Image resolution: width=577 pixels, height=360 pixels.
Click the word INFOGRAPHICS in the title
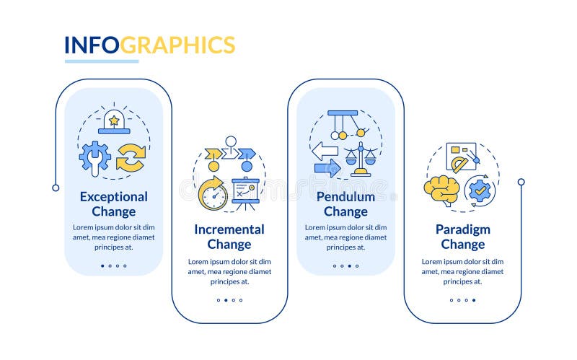click(149, 45)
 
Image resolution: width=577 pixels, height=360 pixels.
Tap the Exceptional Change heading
click(113, 203)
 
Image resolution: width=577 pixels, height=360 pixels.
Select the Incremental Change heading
click(229, 237)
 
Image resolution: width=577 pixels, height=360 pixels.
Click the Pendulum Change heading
click(345, 203)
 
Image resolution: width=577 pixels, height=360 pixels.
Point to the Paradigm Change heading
click(462, 237)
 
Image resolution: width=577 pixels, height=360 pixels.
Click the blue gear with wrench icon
click(94, 155)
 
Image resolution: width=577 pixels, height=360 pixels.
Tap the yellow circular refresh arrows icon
click(131, 157)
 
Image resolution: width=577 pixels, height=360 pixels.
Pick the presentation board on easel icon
click(245, 191)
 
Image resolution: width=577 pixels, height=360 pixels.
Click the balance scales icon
click(361, 159)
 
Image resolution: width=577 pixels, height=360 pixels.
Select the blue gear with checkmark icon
click(479, 190)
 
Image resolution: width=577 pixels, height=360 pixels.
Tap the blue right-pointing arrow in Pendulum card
click(327, 169)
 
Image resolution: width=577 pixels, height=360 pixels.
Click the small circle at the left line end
click(56, 188)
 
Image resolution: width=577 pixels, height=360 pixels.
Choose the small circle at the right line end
click(521, 182)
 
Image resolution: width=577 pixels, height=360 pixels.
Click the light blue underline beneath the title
click(101, 61)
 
